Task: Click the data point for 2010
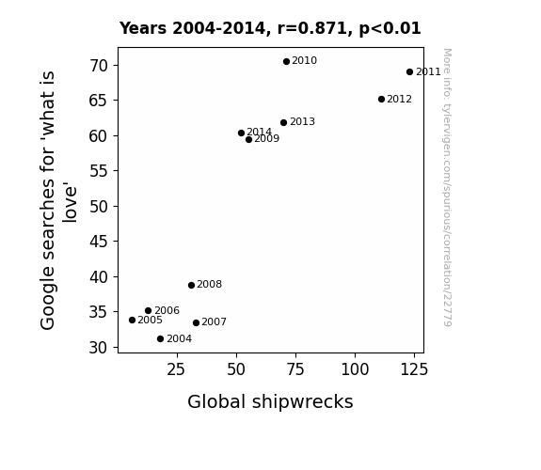(286, 61)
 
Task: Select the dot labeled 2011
(409, 71)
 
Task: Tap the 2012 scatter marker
(381, 99)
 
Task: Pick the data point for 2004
(160, 338)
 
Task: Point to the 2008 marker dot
(192, 285)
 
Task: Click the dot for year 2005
(132, 320)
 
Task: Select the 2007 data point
(196, 322)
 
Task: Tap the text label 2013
(302, 121)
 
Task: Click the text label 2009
(266, 138)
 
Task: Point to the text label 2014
(260, 132)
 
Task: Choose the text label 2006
(167, 310)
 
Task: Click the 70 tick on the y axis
(99, 66)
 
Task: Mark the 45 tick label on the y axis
(99, 242)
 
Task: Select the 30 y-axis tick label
(99, 347)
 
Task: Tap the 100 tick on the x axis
(355, 369)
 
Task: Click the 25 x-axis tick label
(177, 369)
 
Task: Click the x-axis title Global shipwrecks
(270, 401)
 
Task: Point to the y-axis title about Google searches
(57, 200)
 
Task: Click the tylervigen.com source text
(447, 187)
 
